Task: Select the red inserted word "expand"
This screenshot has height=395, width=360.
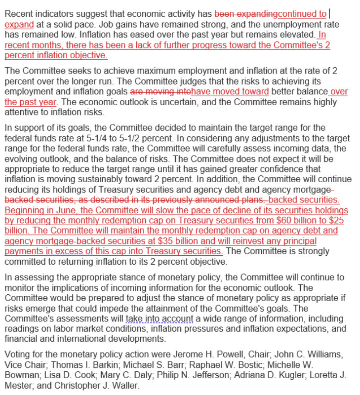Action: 19,24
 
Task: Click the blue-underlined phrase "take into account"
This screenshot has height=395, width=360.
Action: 159,319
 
